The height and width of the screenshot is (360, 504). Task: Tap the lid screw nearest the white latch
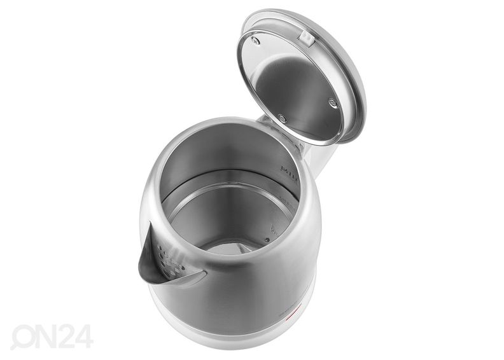click(x=256, y=41)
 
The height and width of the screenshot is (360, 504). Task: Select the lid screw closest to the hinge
click(x=282, y=118)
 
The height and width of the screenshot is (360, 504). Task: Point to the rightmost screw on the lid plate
click(x=333, y=102)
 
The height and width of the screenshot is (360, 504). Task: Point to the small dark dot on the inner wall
click(x=268, y=240)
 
